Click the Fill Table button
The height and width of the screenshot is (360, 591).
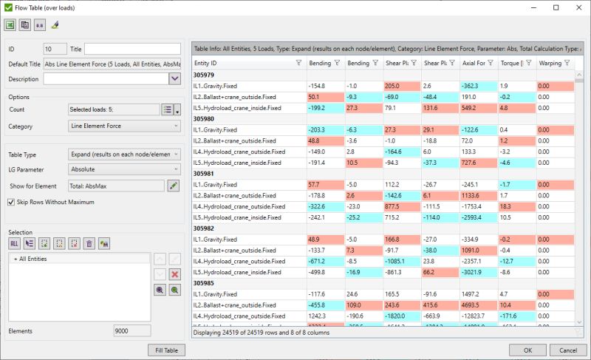tap(167, 350)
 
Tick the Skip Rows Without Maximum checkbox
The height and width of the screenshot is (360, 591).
tap(11, 201)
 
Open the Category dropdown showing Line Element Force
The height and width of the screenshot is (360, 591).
tap(124, 126)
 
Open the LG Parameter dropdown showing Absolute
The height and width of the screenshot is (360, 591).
tap(124, 169)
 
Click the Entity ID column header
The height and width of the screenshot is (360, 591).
tap(244, 64)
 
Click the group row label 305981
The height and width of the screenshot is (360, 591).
tap(204, 174)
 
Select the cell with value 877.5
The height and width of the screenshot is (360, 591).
tap(400, 207)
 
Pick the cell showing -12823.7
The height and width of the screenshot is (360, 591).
tap(478, 316)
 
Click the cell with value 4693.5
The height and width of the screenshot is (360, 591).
tap(478, 305)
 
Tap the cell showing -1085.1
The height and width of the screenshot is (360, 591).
tap(400, 262)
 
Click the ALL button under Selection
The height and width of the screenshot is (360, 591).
tap(15, 243)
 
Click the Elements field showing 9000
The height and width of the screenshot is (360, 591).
tap(131, 331)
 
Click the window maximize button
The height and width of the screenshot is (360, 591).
tap(556, 7)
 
